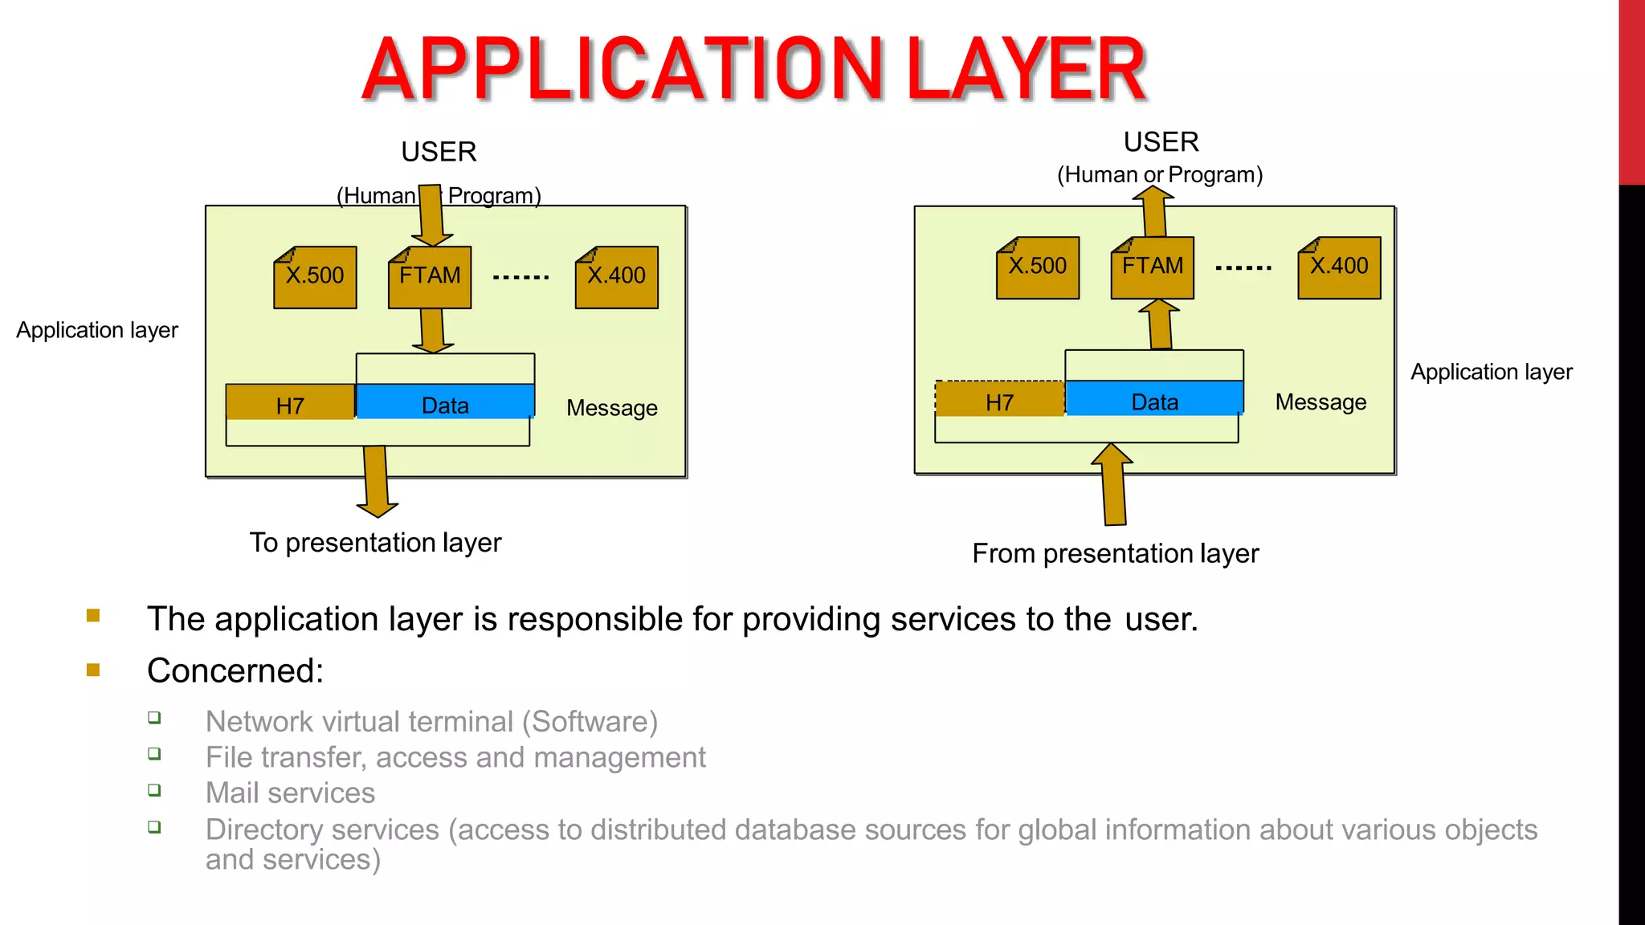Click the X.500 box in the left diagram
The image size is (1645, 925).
(x=315, y=277)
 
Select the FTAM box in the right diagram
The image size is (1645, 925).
(x=1153, y=267)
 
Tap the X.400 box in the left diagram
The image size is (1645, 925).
(x=617, y=277)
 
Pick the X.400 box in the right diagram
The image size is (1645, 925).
(x=1339, y=267)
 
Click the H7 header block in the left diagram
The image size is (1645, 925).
(x=290, y=402)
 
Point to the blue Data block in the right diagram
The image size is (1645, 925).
(x=1154, y=399)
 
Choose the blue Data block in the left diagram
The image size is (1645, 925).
(x=445, y=402)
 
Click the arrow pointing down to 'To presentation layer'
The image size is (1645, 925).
(x=376, y=482)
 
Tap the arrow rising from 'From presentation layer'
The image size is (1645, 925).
(x=1113, y=485)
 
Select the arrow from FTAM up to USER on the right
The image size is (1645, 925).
(x=1154, y=210)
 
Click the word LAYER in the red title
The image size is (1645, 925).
(x=1026, y=70)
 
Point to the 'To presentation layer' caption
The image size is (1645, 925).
(x=375, y=543)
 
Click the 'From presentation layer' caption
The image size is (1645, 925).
(x=1115, y=553)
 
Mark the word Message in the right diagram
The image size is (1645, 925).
(x=1320, y=402)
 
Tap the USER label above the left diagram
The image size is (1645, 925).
(x=439, y=152)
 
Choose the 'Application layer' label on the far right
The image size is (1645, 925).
(x=1492, y=372)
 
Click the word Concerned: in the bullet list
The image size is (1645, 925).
(x=235, y=670)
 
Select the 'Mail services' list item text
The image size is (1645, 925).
(x=290, y=793)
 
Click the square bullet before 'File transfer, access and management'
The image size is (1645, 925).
(x=154, y=754)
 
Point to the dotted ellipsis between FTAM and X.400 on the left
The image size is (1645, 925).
(x=521, y=277)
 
